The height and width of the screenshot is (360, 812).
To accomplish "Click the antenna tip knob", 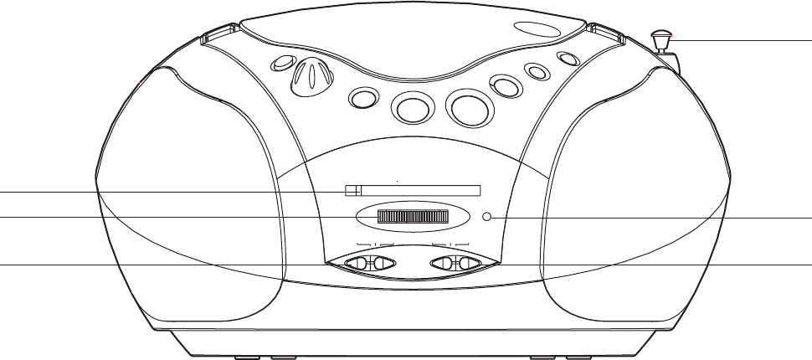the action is click(661, 38).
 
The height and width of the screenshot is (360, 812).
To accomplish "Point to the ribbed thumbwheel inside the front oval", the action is click(412, 218).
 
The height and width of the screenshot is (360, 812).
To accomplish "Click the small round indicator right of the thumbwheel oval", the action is click(488, 218).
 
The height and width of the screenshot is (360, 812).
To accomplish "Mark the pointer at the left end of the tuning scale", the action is click(354, 191).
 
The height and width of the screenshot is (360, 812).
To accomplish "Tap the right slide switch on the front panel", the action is click(456, 264).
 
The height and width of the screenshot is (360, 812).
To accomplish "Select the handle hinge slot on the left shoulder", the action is click(216, 38).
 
